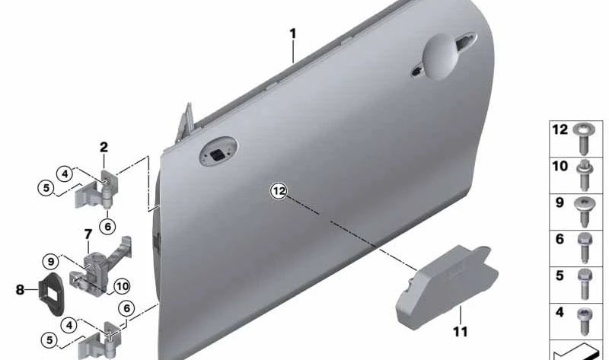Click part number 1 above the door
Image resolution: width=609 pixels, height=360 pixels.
[x=293, y=33]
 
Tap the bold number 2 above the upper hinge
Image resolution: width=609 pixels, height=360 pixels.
[x=104, y=147]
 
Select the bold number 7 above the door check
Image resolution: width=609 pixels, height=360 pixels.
[x=88, y=234]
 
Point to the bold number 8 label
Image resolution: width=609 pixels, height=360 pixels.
[x=21, y=289]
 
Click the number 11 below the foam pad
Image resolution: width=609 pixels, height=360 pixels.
[x=461, y=332]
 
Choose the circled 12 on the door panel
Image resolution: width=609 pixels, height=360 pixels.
[x=279, y=191]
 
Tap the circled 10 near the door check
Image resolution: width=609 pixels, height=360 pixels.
[x=122, y=286]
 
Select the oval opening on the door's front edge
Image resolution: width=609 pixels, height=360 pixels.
[x=217, y=155]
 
